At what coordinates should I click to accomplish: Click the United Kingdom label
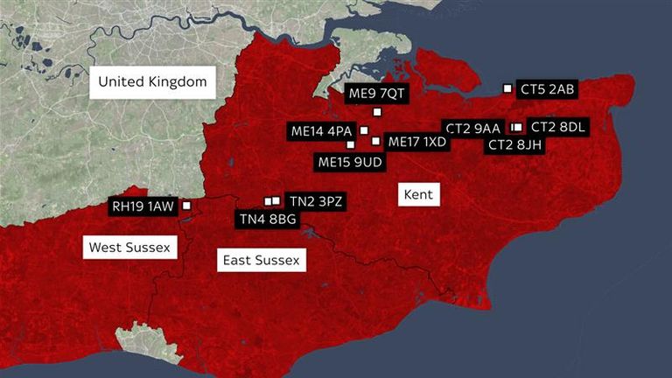pyautogui.click(x=152, y=82)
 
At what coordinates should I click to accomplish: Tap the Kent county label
pyautogui.click(x=418, y=193)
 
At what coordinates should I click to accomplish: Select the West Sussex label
pyautogui.click(x=129, y=248)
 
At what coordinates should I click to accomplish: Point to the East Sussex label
pyautogui.click(x=261, y=260)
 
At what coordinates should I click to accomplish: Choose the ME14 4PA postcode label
pyautogui.click(x=320, y=131)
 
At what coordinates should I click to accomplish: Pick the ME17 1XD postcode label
pyautogui.click(x=416, y=142)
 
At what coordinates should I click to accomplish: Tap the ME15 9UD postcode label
pyautogui.click(x=349, y=161)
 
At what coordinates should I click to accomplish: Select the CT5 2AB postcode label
pyautogui.click(x=547, y=88)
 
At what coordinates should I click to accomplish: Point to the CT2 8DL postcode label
pyautogui.click(x=559, y=128)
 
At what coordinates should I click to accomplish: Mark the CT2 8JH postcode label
pyautogui.click(x=515, y=145)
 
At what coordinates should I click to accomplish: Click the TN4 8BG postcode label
pyautogui.click(x=268, y=219)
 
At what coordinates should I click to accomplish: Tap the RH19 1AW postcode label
pyautogui.click(x=143, y=206)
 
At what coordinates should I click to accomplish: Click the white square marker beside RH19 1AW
pyautogui.click(x=185, y=206)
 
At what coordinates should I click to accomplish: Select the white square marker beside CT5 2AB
pyautogui.click(x=507, y=87)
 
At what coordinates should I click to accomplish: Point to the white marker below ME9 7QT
pyautogui.click(x=377, y=112)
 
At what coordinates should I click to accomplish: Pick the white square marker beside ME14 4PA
pyautogui.click(x=364, y=130)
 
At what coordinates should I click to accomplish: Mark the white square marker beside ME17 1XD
pyautogui.click(x=375, y=141)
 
